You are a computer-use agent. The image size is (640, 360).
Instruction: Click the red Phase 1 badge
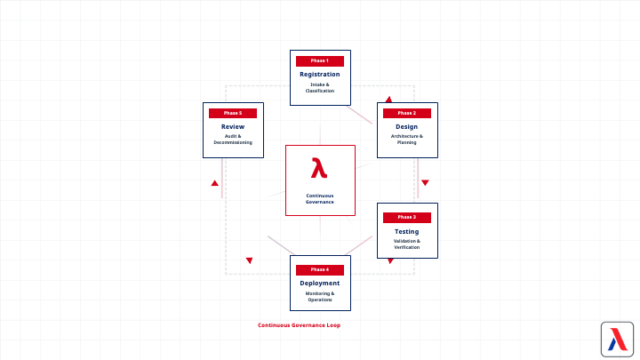(x=320, y=60)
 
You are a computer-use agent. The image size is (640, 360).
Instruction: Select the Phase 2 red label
(x=407, y=113)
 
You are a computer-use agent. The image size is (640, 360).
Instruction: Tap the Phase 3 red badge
(x=407, y=217)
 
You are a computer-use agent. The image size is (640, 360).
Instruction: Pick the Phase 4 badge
(x=320, y=269)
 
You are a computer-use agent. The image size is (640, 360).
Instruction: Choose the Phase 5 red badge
(x=233, y=113)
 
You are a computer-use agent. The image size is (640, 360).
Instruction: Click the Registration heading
(x=320, y=74)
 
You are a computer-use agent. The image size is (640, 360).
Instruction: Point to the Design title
(x=407, y=126)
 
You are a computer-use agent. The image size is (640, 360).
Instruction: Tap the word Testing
(x=407, y=231)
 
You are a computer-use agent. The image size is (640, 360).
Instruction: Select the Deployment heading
(x=320, y=284)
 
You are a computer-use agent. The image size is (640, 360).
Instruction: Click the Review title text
(x=233, y=126)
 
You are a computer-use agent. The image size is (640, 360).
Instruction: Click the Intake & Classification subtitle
(x=320, y=87)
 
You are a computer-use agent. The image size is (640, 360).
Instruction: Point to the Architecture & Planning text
(x=407, y=140)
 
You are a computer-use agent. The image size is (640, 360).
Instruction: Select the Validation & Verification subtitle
(x=407, y=244)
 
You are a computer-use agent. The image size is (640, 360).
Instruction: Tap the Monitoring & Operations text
(x=320, y=296)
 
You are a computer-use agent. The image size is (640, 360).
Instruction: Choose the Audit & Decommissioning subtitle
(x=233, y=140)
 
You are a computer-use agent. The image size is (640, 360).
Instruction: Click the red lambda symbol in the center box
(x=319, y=168)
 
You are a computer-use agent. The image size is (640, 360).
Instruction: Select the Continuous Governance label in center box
(x=320, y=198)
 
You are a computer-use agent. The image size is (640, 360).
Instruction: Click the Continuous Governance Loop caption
(x=299, y=325)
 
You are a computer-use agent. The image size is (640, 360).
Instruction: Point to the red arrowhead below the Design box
(x=425, y=183)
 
